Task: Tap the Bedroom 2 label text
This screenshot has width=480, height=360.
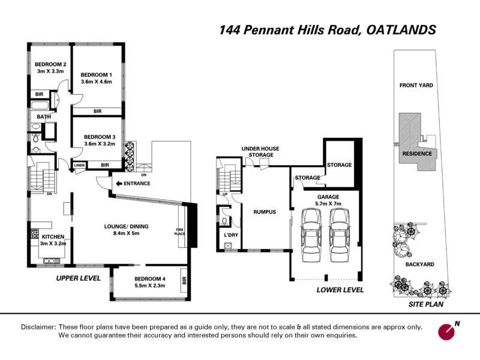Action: pyautogui.click(x=50, y=65)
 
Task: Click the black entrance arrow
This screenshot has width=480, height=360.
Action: pyautogui.click(x=119, y=183)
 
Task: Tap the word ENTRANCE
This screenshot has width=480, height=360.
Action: pyautogui.click(x=137, y=183)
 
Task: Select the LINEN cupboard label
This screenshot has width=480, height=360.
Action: pyautogui.click(x=79, y=165)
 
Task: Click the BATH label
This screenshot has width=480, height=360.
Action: pyautogui.click(x=43, y=116)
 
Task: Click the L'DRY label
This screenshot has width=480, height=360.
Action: pyautogui.click(x=231, y=235)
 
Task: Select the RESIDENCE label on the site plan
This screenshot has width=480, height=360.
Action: pyautogui.click(x=417, y=154)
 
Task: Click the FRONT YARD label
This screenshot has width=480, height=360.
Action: pyautogui.click(x=416, y=85)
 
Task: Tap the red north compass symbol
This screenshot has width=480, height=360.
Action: pyautogui.click(x=446, y=331)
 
